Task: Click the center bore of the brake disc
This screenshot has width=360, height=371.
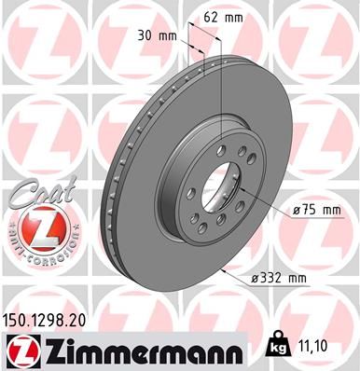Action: [x=222, y=184]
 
